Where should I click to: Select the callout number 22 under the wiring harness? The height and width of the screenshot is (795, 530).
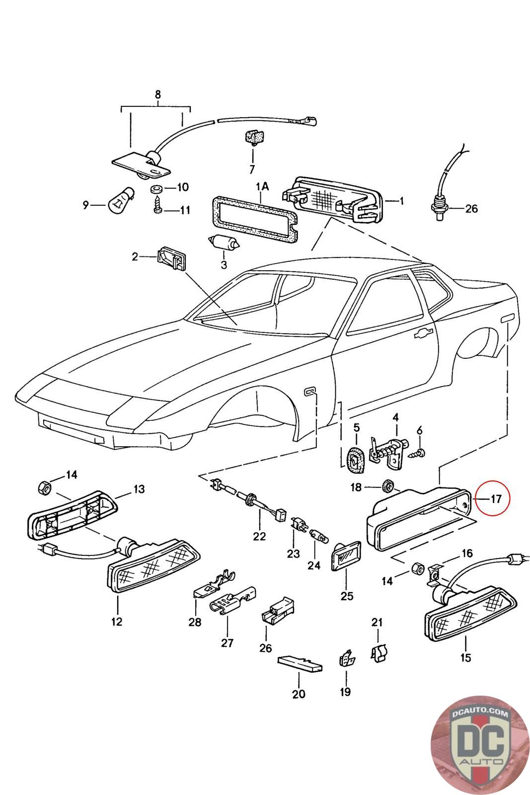click(259, 536)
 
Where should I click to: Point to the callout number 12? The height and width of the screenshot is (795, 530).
click(117, 622)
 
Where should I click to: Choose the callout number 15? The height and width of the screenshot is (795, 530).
click(465, 658)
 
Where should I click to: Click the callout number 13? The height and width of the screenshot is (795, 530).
click(139, 489)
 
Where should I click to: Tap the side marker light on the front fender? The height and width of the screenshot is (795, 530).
click(310, 378)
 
